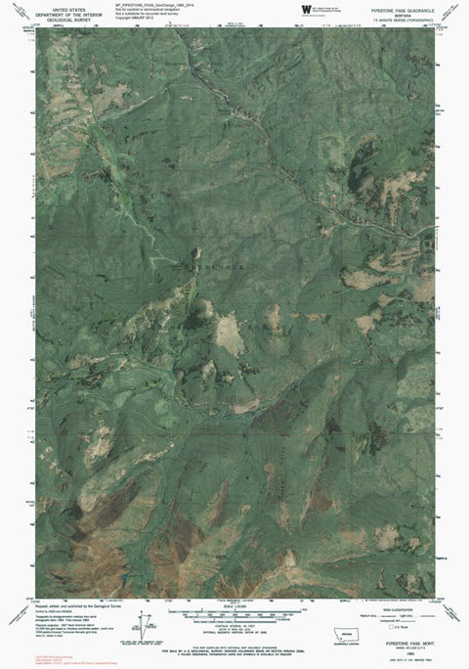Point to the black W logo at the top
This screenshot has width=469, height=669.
point(305,9)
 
